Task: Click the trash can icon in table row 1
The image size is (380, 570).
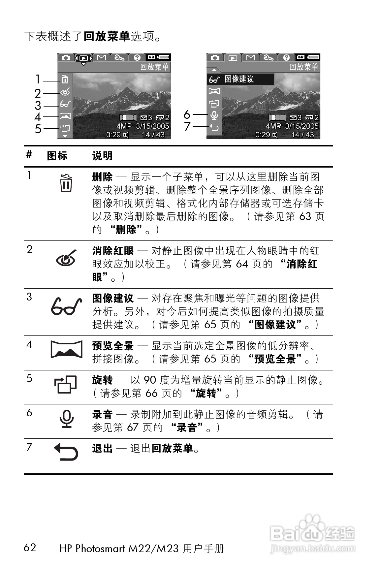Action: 66,183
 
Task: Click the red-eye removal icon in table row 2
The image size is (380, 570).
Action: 66,259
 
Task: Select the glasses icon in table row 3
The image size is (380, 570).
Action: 66,307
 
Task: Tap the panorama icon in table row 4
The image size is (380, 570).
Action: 66,349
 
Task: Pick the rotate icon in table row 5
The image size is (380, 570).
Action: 66,384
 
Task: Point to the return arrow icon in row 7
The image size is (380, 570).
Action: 66,452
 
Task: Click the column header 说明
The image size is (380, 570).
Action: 102,156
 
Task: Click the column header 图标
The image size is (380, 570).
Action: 57,156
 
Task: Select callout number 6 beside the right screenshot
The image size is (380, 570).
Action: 187,114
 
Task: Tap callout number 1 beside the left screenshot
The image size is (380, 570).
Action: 38,79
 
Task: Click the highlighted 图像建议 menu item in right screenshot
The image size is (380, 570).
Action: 240,79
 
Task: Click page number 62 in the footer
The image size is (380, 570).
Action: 30,547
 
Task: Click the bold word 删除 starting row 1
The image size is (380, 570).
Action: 102,177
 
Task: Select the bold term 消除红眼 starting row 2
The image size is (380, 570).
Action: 113,251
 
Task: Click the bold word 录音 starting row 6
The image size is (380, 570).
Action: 102,414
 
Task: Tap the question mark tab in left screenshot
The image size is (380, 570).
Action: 137,58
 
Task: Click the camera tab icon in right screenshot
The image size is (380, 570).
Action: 215,58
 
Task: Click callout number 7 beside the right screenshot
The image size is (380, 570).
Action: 187,126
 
